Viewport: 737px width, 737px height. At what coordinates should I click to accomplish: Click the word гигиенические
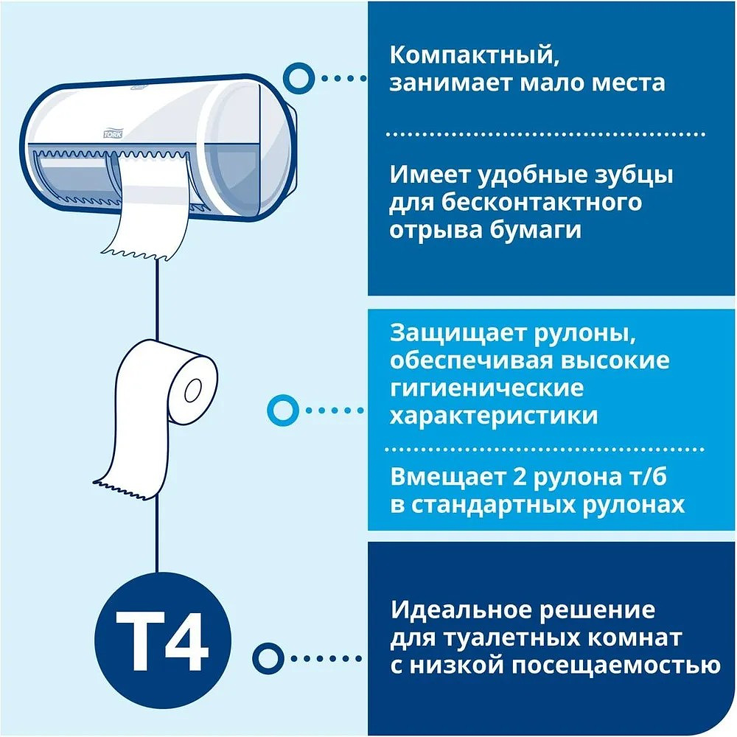[486, 388]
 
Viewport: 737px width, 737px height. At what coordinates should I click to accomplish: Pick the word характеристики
[494, 415]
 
